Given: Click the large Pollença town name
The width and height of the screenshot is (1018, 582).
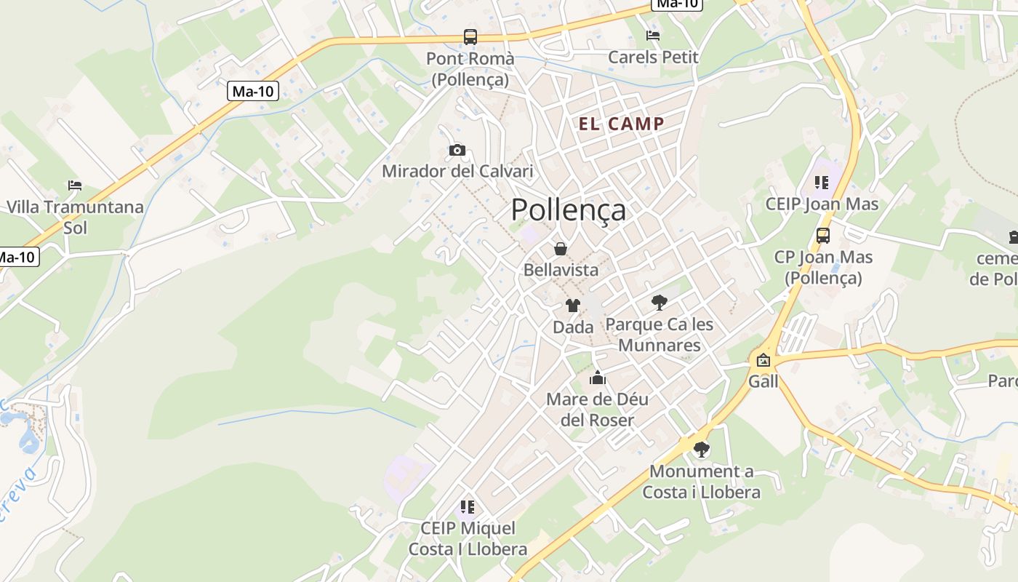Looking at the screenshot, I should point(568,210).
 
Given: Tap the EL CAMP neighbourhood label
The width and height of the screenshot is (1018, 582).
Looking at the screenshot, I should point(621,124).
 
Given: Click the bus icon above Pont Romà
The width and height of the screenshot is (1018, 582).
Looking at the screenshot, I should point(470,37).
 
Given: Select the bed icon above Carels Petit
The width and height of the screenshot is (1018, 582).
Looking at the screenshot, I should point(653,36).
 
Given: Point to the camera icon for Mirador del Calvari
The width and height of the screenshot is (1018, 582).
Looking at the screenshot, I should point(457,151).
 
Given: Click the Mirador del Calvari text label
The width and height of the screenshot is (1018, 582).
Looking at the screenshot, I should point(457,172).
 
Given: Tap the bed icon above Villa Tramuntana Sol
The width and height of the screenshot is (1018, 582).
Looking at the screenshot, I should point(75,186).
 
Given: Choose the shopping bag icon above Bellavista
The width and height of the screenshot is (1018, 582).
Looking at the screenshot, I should point(561,249).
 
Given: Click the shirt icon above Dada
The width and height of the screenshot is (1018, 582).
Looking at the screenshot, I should point(573,306).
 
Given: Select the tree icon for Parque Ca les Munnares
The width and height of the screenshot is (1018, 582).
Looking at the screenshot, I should point(660,302).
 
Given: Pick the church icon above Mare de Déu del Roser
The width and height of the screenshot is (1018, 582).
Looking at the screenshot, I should point(598,378).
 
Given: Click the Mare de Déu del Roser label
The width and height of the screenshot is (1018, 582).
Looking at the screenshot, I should point(597,410).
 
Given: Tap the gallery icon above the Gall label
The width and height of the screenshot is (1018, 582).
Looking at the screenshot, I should point(763,360).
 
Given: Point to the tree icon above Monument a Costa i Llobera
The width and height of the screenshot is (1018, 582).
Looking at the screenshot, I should point(702,450).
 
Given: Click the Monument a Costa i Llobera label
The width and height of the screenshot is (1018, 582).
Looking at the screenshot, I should point(701,482).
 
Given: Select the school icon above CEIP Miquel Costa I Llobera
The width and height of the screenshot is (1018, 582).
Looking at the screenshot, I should point(468,506).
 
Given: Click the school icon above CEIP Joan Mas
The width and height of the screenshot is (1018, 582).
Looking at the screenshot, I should point(822,183).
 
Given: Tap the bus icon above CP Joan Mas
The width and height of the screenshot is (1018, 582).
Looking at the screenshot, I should point(823,236).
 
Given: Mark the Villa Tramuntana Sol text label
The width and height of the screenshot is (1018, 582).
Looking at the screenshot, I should point(75,217).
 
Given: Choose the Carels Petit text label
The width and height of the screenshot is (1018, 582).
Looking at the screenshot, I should point(653,57).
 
